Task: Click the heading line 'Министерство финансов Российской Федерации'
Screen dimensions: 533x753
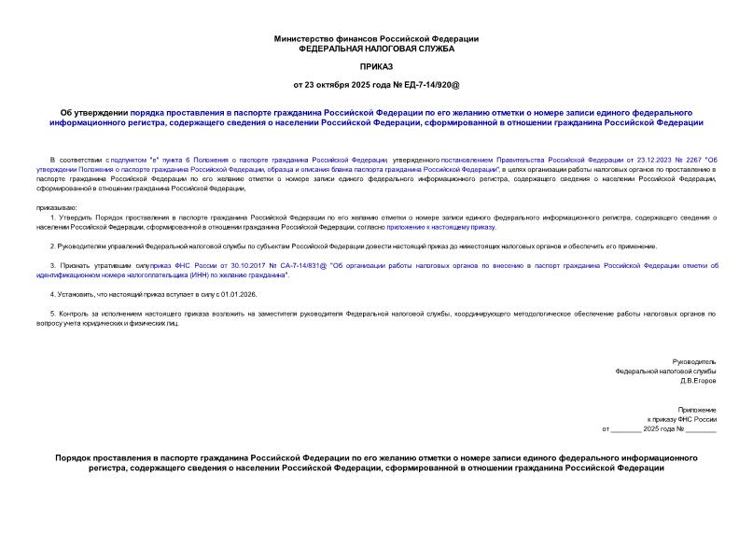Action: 376,38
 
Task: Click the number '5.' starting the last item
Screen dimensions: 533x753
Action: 53,315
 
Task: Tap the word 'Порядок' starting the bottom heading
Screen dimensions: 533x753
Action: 76,457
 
